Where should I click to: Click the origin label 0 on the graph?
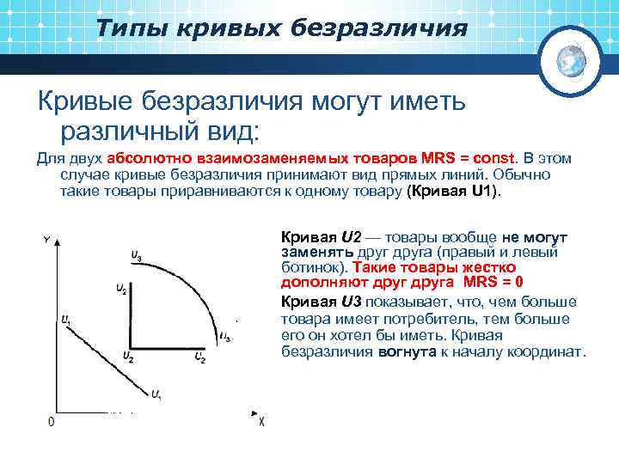point(51,421)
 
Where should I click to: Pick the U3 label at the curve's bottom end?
point(225,338)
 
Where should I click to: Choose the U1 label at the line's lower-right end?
point(156,394)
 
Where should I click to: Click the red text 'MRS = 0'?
point(493,283)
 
